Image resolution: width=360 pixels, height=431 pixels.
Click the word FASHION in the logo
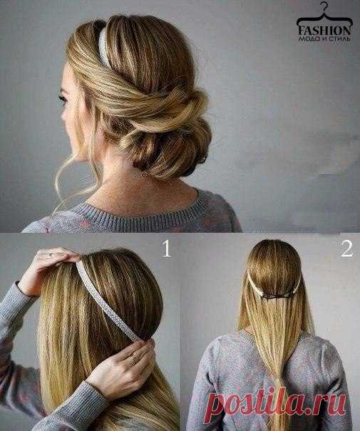(x=324, y=30)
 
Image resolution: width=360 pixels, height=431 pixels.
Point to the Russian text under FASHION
(x=324, y=39)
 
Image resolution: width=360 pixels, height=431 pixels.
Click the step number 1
(x=167, y=248)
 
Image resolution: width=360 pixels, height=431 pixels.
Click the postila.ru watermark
(x=277, y=404)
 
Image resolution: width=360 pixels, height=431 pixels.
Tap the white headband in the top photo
(x=103, y=46)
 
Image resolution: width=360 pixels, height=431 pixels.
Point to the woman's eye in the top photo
(x=63, y=98)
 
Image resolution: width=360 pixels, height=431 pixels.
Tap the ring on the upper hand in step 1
(x=50, y=254)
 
